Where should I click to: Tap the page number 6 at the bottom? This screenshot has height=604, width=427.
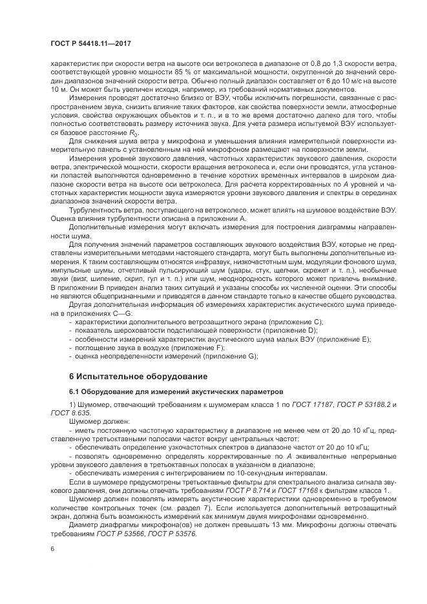point(52,548)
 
